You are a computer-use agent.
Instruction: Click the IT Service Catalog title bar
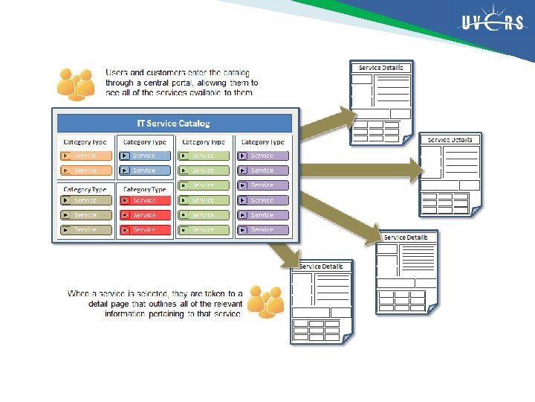(x=174, y=123)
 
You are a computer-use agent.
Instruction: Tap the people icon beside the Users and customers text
(x=75, y=83)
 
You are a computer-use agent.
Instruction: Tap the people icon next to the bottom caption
(x=265, y=300)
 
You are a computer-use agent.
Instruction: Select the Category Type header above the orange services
(x=85, y=142)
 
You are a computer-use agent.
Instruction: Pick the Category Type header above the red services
(x=144, y=190)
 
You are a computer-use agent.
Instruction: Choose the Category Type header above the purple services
(x=262, y=142)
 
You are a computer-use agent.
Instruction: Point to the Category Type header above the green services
(x=203, y=142)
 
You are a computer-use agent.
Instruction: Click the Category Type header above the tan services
(x=85, y=190)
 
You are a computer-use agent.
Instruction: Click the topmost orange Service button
(x=85, y=156)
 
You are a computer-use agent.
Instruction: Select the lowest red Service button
(x=144, y=229)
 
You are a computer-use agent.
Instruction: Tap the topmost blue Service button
(x=144, y=156)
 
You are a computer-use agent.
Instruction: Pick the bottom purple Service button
(x=262, y=229)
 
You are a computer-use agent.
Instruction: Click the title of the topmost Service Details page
(x=380, y=68)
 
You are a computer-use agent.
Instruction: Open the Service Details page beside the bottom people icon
(x=321, y=301)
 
